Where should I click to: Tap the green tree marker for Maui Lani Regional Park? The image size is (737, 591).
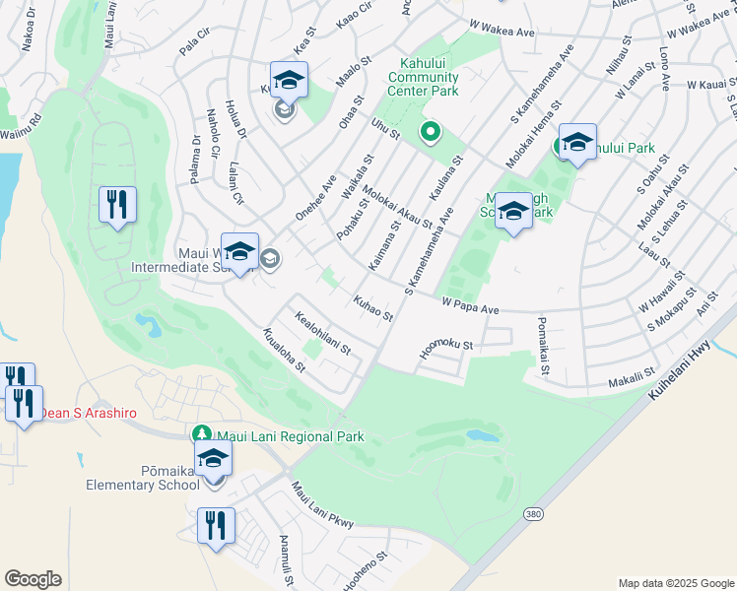click(201, 434)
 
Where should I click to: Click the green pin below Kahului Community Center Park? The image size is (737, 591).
click(430, 131)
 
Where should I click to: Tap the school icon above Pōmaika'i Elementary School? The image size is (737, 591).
click(213, 458)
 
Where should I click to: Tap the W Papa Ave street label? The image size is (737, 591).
click(471, 307)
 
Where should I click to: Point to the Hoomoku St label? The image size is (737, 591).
click(447, 346)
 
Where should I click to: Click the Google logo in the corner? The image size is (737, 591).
click(33, 579)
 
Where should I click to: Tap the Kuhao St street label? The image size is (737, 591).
click(373, 308)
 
